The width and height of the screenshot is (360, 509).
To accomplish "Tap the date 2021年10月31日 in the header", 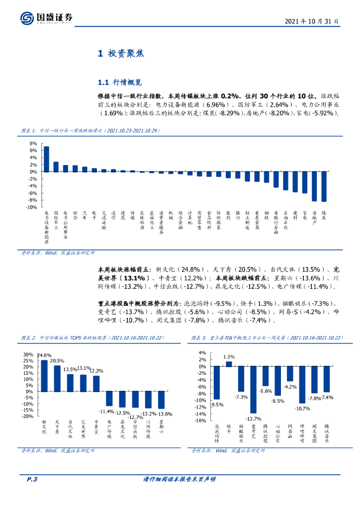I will tap(312, 21).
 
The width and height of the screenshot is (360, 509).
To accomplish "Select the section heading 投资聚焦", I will tap(120, 54).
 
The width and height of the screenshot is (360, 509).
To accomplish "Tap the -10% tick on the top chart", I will tap(32, 207).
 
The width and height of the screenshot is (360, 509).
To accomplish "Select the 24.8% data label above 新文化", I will tap(44, 355).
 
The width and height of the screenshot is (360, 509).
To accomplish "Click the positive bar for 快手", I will tap(229, 364).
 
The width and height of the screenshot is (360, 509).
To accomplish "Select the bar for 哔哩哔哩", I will tap(302, 384).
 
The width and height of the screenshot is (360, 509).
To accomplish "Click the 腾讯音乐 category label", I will tap(327, 433).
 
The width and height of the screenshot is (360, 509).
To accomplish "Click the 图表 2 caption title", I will tap(92, 338).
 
